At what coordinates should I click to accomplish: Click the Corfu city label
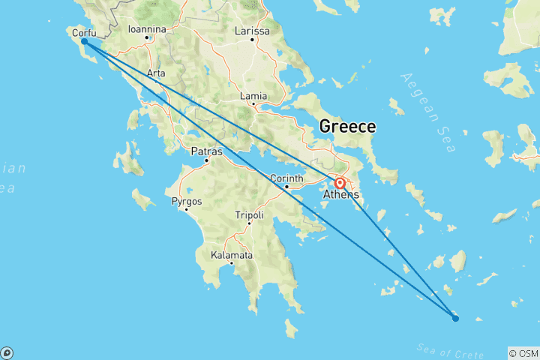pyautogui.click(x=83, y=32)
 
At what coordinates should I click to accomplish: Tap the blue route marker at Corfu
pyautogui.click(x=84, y=42)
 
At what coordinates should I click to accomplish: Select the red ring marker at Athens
pyautogui.click(x=340, y=182)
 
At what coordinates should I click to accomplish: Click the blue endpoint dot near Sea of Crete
pyautogui.click(x=455, y=319)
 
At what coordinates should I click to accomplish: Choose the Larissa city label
pyautogui.click(x=253, y=31)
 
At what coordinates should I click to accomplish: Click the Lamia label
pyautogui.click(x=253, y=97)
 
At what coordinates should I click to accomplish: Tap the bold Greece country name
pyautogui.click(x=347, y=127)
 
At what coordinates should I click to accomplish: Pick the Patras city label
pyautogui.click(x=206, y=151)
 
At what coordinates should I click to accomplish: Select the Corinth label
pyautogui.click(x=286, y=178)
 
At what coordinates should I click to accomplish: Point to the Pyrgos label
pyautogui.click(x=187, y=201)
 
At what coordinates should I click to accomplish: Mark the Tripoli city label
pyautogui.click(x=249, y=215)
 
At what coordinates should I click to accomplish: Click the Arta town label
pyautogui.click(x=156, y=73)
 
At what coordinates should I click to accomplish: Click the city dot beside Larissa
pyautogui.click(x=253, y=39)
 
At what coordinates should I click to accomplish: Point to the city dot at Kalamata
pyautogui.click(x=231, y=263)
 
